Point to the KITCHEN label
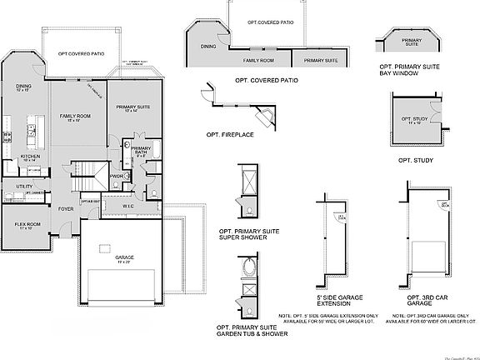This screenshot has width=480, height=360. point(30,157)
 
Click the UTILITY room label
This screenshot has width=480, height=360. point(24,186)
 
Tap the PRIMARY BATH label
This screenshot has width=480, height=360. point(140,150)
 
